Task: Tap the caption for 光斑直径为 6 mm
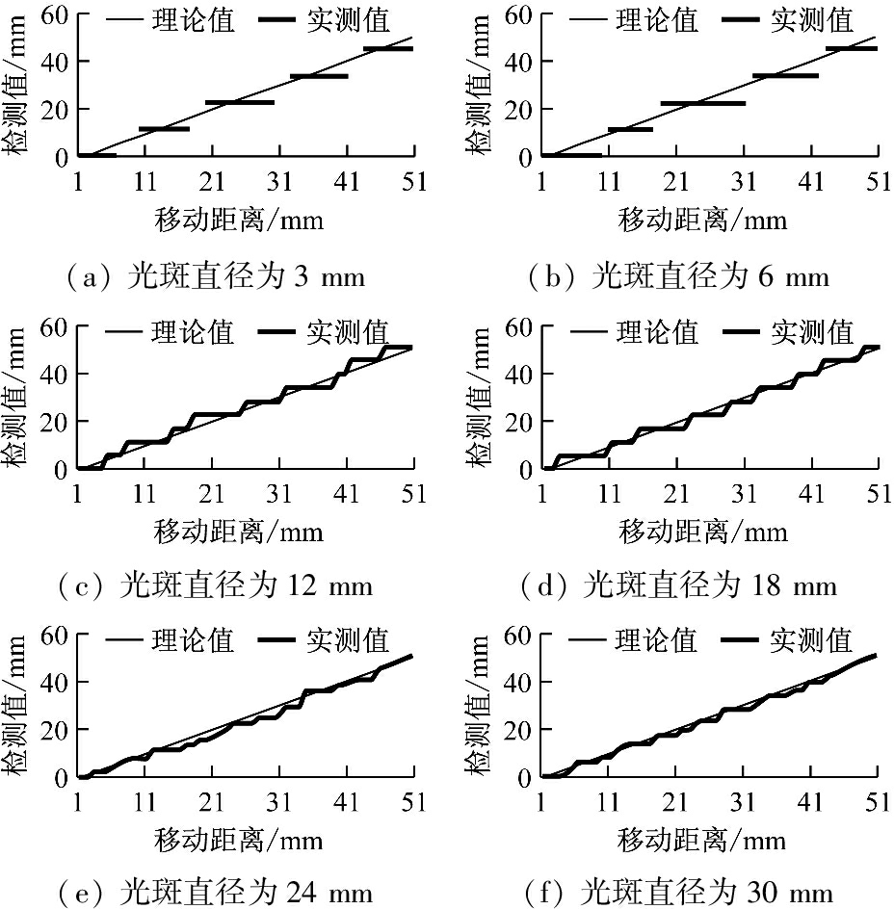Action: (678, 277)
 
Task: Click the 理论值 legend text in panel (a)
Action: (193, 20)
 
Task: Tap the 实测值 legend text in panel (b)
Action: (812, 20)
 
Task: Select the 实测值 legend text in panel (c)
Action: (348, 332)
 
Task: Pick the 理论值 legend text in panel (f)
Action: (656, 639)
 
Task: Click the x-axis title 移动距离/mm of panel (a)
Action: (238, 220)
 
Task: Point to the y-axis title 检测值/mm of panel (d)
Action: (479, 397)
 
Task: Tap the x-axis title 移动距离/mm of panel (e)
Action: (238, 838)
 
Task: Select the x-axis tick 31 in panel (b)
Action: (744, 182)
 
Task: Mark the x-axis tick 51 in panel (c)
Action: (414, 494)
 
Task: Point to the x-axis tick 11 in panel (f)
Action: (609, 802)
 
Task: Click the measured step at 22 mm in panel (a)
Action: (240, 102)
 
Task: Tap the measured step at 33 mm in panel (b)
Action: (785, 75)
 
